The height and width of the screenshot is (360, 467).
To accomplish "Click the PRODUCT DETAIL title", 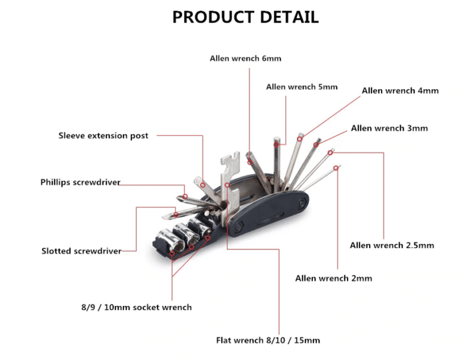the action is coord(246,17).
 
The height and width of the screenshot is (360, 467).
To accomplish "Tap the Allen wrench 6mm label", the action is coord(246,58).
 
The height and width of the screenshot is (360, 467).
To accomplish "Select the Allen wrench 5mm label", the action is coord(302,87).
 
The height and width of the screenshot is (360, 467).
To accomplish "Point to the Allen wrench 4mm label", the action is coord(400,91).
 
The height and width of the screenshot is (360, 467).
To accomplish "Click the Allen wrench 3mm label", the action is coord(389,128).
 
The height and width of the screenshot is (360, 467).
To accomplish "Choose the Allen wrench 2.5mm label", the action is coord(392,245).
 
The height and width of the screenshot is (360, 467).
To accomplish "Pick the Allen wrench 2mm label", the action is coord(334,279).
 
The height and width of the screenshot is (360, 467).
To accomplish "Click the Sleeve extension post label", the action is coord(103,136).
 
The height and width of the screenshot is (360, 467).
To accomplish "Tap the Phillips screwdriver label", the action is coord(81,183).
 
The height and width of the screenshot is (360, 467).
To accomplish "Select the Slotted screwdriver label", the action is coord(81,251).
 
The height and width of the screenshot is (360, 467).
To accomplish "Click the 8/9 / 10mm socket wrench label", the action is coord(136,307).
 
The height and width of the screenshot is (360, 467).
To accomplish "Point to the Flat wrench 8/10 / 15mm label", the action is coord(268,341).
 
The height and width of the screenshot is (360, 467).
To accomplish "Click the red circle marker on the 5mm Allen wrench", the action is coord(276,145).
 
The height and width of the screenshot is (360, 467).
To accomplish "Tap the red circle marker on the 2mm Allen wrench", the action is coord(336,168).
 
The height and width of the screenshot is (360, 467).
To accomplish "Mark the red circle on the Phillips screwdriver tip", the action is coord(185,197).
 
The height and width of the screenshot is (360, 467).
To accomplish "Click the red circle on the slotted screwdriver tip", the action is coord(176,215).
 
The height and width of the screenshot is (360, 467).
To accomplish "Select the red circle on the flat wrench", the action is coord(227,185).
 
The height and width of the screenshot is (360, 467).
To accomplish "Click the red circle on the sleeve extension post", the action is coord(203,185).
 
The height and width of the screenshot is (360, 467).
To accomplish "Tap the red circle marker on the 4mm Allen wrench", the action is coord(300,139).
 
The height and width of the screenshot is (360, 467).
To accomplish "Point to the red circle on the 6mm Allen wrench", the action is coord(250,162).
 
